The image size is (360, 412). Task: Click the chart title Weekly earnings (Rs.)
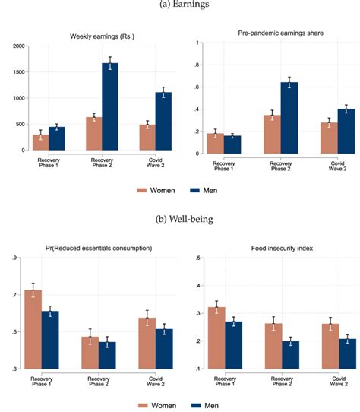[102, 36]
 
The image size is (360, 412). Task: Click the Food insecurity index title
[272, 248]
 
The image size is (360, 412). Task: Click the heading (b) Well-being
[180, 220]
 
